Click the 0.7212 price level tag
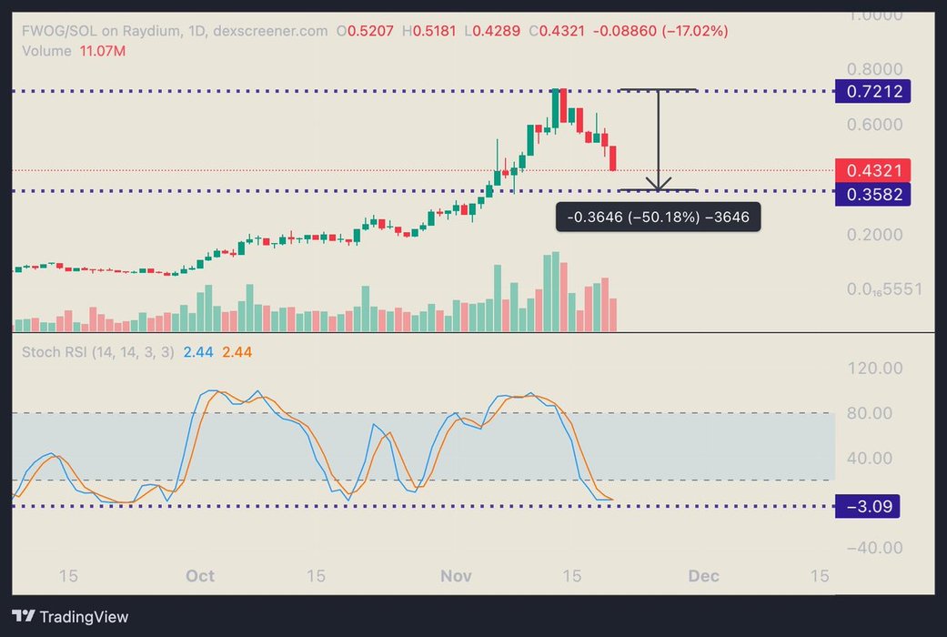pos(873,91)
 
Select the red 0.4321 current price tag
pos(872,170)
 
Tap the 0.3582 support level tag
pos(873,193)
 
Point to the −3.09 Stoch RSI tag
pos(866,507)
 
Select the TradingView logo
pos(70,616)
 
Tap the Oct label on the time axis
pos(199,576)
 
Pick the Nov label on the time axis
pos(456,576)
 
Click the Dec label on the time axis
pos(703,576)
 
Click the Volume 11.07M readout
pos(74,51)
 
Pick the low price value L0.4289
pos(492,31)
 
